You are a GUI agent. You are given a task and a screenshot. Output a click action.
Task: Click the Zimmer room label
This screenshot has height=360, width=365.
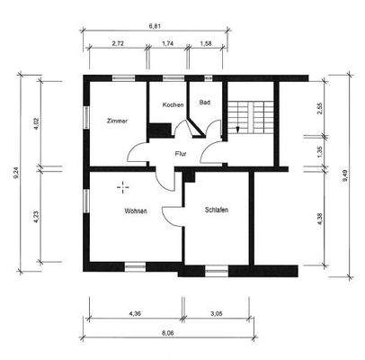click(117, 121)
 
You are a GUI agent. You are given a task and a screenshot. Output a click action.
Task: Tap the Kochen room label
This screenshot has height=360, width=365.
click(173, 105)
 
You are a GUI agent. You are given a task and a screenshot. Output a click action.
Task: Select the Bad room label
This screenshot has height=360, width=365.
click(205, 103)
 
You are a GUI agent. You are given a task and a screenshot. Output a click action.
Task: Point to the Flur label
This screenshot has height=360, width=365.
click(181, 154)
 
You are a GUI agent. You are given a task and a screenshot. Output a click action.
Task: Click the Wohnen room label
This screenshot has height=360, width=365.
click(136, 211)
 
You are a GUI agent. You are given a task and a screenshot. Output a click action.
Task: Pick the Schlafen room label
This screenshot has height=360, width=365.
click(217, 210)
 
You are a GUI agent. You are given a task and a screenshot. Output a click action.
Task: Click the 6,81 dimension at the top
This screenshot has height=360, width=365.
click(155, 26)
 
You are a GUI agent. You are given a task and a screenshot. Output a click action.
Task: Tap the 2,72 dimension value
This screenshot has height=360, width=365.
click(118, 43)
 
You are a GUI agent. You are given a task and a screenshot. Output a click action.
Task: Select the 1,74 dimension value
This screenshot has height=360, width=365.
click(168, 43)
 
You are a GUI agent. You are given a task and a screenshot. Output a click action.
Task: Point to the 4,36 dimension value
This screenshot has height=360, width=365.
click(135, 314)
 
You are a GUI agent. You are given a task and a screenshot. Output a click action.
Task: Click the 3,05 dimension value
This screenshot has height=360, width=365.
click(217, 314)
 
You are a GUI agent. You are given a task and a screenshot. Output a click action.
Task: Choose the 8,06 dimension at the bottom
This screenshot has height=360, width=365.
click(168, 333)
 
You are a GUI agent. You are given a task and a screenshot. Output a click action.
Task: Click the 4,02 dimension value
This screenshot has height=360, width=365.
click(37, 123)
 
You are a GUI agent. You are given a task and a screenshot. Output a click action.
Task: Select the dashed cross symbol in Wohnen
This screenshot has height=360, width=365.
click(123, 187)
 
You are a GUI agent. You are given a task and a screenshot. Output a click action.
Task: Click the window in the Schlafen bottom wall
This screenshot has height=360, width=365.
click(217, 272)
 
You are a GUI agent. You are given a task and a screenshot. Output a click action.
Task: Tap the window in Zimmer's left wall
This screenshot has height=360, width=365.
click(86, 117)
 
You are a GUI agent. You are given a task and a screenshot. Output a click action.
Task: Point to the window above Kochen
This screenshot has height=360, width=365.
click(174, 78)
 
